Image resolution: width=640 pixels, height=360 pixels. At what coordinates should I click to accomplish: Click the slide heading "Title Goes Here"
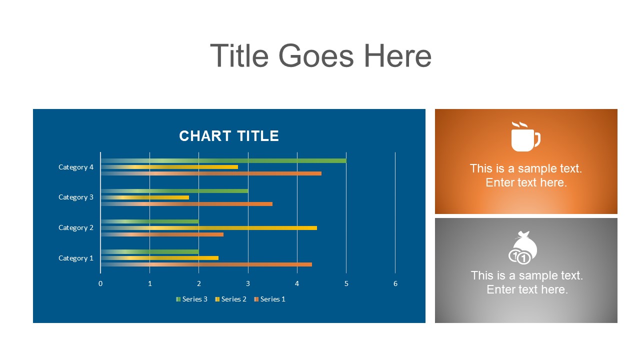point(320,56)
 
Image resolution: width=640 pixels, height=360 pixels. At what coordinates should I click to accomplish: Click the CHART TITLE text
point(229,136)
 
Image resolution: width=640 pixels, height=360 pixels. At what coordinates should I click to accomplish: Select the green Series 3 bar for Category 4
point(223,160)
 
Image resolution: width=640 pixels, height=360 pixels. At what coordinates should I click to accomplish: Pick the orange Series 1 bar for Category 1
point(206,264)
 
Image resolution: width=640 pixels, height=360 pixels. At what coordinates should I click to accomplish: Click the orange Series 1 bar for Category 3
point(186,204)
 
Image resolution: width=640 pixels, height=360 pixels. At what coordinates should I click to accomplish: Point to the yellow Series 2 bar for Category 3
point(145,197)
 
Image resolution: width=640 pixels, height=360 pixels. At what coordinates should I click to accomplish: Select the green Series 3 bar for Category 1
point(149,251)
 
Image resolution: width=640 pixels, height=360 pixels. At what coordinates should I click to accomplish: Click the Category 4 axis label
point(76,167)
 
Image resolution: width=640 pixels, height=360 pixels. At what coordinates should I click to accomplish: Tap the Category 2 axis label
point(76,227)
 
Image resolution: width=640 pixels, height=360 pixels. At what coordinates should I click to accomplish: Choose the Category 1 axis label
point(76,258)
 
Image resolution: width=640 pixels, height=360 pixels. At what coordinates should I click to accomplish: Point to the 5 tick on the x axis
point(346,284)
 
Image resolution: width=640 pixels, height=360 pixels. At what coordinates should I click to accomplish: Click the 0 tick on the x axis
point(100,284)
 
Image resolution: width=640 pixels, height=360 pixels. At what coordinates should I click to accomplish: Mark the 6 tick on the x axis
point(395,284)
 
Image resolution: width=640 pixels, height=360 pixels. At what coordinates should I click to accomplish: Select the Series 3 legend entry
point(192,299)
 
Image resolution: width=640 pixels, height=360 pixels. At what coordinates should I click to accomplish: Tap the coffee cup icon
point(525,136)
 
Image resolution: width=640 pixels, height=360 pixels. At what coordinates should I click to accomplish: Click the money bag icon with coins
point(522,247)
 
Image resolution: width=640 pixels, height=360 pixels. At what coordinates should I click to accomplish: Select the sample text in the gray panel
point(527,282)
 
